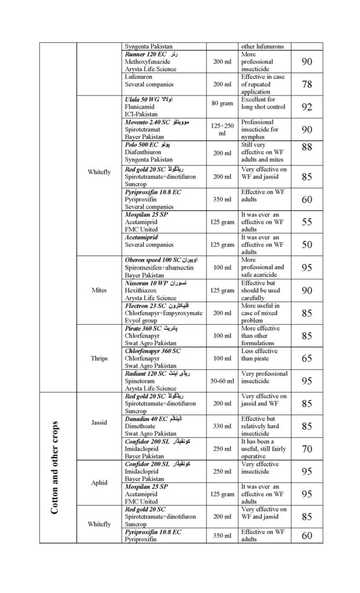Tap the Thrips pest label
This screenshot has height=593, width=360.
(98, 358)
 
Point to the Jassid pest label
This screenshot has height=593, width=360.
(98, 423)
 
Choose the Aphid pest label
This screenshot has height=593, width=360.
(98, 482)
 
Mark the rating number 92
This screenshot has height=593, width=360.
(307, 107)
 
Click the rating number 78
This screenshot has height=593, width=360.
(307, 85)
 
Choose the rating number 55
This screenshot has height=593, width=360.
(307, 222)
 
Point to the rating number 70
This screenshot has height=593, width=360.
(307, 449)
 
